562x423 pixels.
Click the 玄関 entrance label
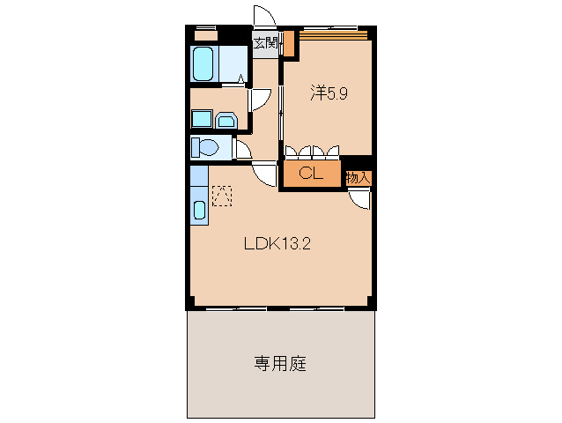[264, 41]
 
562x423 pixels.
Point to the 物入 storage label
[358, 177]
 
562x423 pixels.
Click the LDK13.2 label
[277, 244]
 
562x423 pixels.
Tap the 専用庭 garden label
[280, 363]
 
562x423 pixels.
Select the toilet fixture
[206, 147]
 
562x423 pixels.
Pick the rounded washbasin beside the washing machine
[226, 120]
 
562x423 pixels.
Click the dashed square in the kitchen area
[221, 195]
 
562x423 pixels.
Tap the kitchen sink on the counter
[199, 211]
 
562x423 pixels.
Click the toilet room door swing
[241, 149]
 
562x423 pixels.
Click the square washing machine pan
[202, 120]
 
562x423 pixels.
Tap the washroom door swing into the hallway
[259, 99]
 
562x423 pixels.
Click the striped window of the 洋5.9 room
[334, 35]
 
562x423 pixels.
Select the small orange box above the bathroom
[205, 36]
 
